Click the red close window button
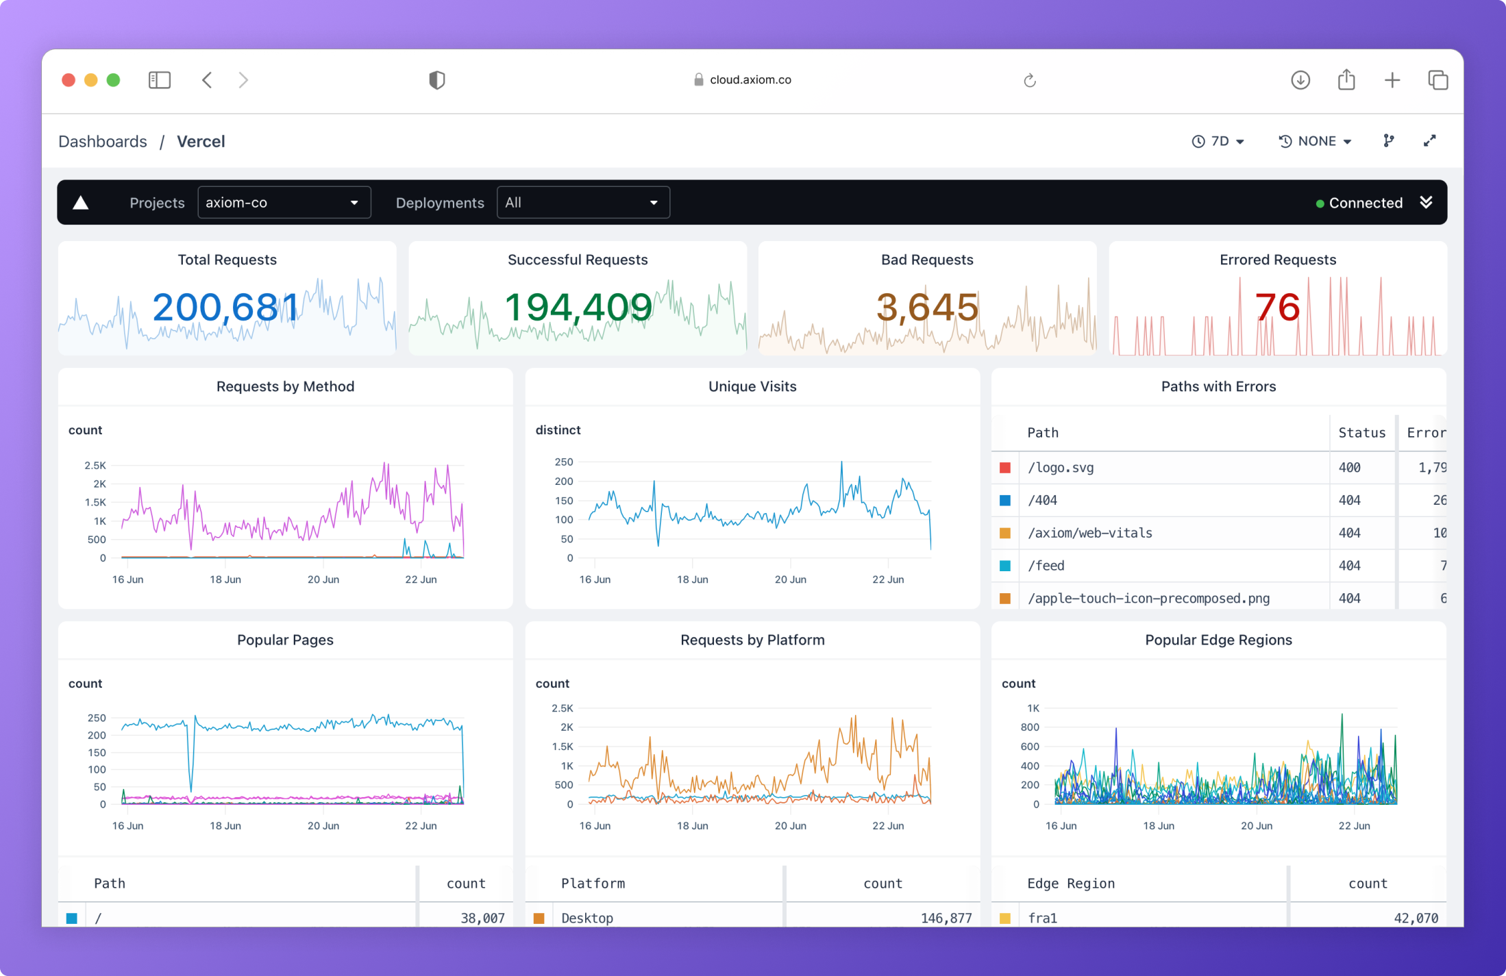tap(69, 80)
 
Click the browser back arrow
tap(207, 80)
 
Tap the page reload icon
tap(1029, 81)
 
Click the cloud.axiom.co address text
tap(750, 79)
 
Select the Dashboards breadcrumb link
tap(103, 141)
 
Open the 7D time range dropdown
tap(1219, 141)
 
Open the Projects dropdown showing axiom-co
tap(284, 203)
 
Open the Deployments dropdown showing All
tap(582, 203)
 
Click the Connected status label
tap(1365, 203)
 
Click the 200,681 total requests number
tap(226, 308)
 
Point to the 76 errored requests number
tap(1277, 308)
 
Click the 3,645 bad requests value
tap(927, 308)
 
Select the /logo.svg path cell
tap(1061, 468)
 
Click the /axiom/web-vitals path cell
tap(1089, 533)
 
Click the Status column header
tap(1361, 433)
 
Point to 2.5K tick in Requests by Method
tap(95, 465)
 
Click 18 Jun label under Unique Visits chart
tap(692, 579)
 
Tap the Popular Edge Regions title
tap(1218, 640)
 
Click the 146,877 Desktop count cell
tap(946, 918)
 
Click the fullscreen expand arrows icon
tap(1429, 141)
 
